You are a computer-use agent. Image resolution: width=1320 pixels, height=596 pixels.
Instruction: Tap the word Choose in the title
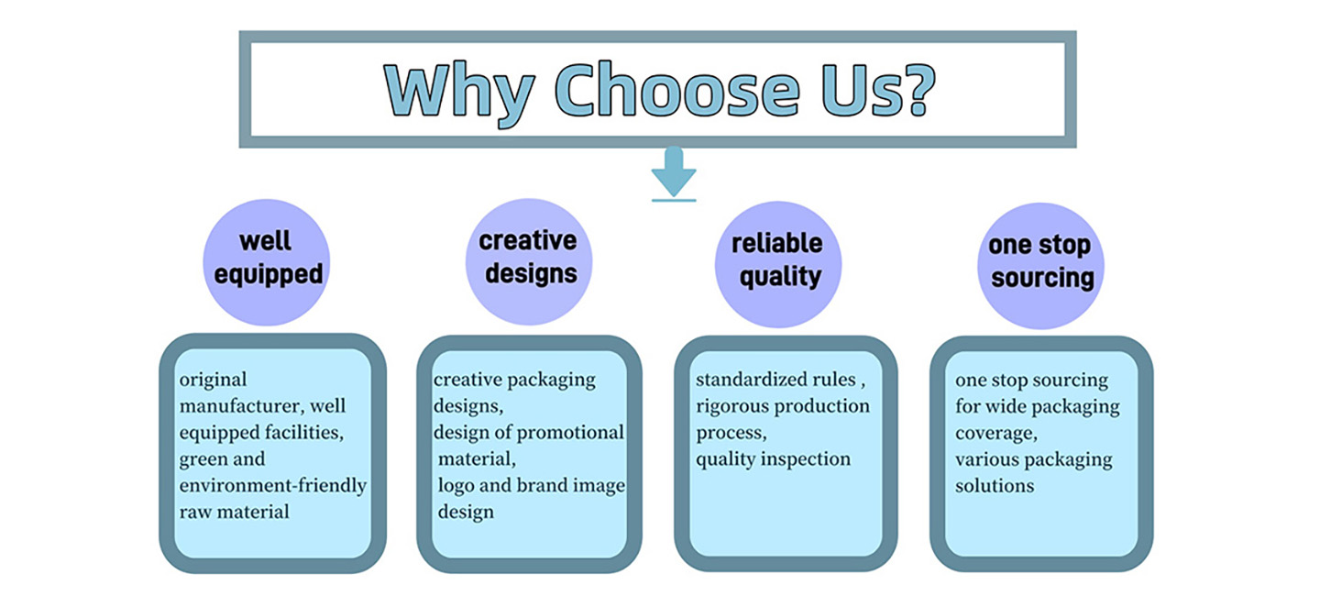pyautogui.click(x=677, y=89)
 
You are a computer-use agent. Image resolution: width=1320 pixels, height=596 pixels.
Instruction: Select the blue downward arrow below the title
pyautogui.click(x=674, y=173)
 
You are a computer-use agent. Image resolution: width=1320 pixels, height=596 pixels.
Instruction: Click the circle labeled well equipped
pyautogui.click(x=267, y=262)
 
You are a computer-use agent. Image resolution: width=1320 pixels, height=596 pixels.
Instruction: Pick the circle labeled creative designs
pyautogui.click(x=529, y=261)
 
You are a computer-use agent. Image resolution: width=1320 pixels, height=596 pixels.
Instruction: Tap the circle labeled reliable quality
pyautogui.click(x=778, y=264)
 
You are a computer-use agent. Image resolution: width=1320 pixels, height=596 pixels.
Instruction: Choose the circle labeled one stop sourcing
pyautogui.click(x=1040, y=266)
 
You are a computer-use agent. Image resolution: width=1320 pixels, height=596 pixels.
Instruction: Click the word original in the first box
pyautogui.click(x=213, y=381)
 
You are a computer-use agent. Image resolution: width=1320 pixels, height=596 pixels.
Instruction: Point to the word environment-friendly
pyautogui.click(x=273, y=486)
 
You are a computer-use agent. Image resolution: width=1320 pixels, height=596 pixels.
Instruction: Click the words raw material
pyautogui.click(x=234, y=512)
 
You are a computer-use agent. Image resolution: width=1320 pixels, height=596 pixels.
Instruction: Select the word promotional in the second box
pyautogui.click(x=570, y=434)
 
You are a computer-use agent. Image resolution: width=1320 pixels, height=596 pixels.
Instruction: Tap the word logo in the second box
pyautogui.click(x=456, y=486)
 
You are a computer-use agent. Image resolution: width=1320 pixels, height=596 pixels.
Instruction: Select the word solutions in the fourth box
pyautogui.click(x=995, y=486)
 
